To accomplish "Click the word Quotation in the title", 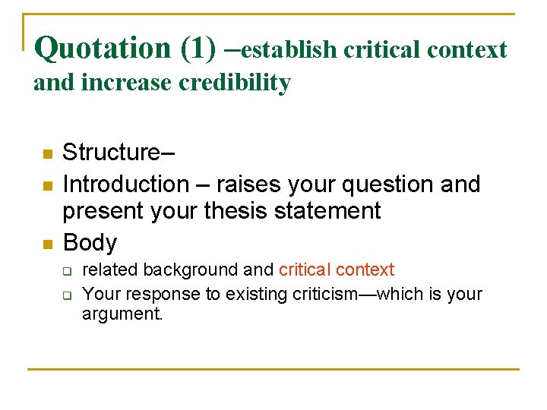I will coord(103,49).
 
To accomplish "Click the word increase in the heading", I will coord(128,82).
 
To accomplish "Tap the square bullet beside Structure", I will coord(47,154).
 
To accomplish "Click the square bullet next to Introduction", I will coord(47,186).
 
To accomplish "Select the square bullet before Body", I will coord(47,244).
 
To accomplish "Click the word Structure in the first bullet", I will coord(113,153).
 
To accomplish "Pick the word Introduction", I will coord(126,184).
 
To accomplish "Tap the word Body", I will coord(90,243).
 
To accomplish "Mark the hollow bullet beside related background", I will coord(67,271).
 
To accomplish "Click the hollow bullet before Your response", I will coord(67,295).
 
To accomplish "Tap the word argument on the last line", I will coord(122,314).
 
